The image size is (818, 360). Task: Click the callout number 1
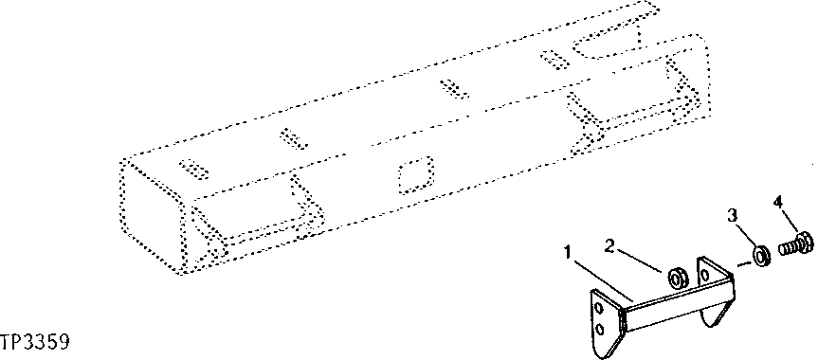click(567, 253)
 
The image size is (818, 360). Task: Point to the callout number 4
click(778, 203)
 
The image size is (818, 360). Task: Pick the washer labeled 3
click(760, 255)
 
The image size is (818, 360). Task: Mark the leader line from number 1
click(597, 278)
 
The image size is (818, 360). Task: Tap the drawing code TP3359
click(38, 339)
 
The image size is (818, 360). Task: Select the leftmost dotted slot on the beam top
click(193, 169)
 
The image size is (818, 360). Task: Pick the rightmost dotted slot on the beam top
click(550, 59)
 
